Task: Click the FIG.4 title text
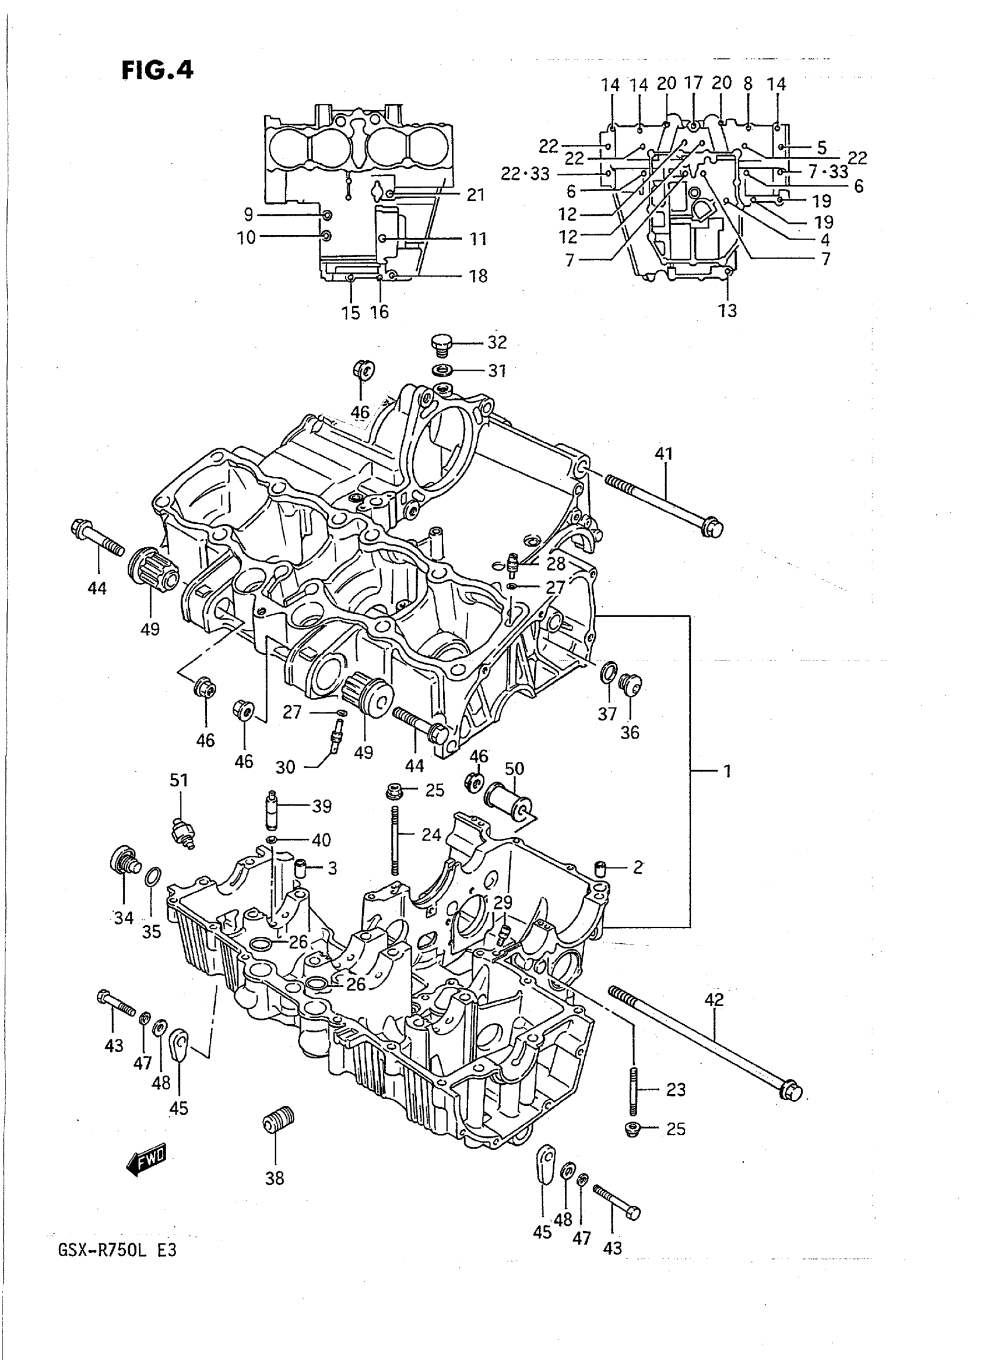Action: (158, 70)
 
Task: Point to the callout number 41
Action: (663, 454)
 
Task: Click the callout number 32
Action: (497, 343)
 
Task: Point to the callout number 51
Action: (179, 781)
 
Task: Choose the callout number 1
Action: (727, 771)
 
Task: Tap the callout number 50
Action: (514, 768)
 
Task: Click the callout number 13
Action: (727, 311)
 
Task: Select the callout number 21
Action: (475, 195)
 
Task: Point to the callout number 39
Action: (322, 806)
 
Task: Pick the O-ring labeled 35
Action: (152, 877)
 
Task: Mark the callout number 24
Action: (431, 834)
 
